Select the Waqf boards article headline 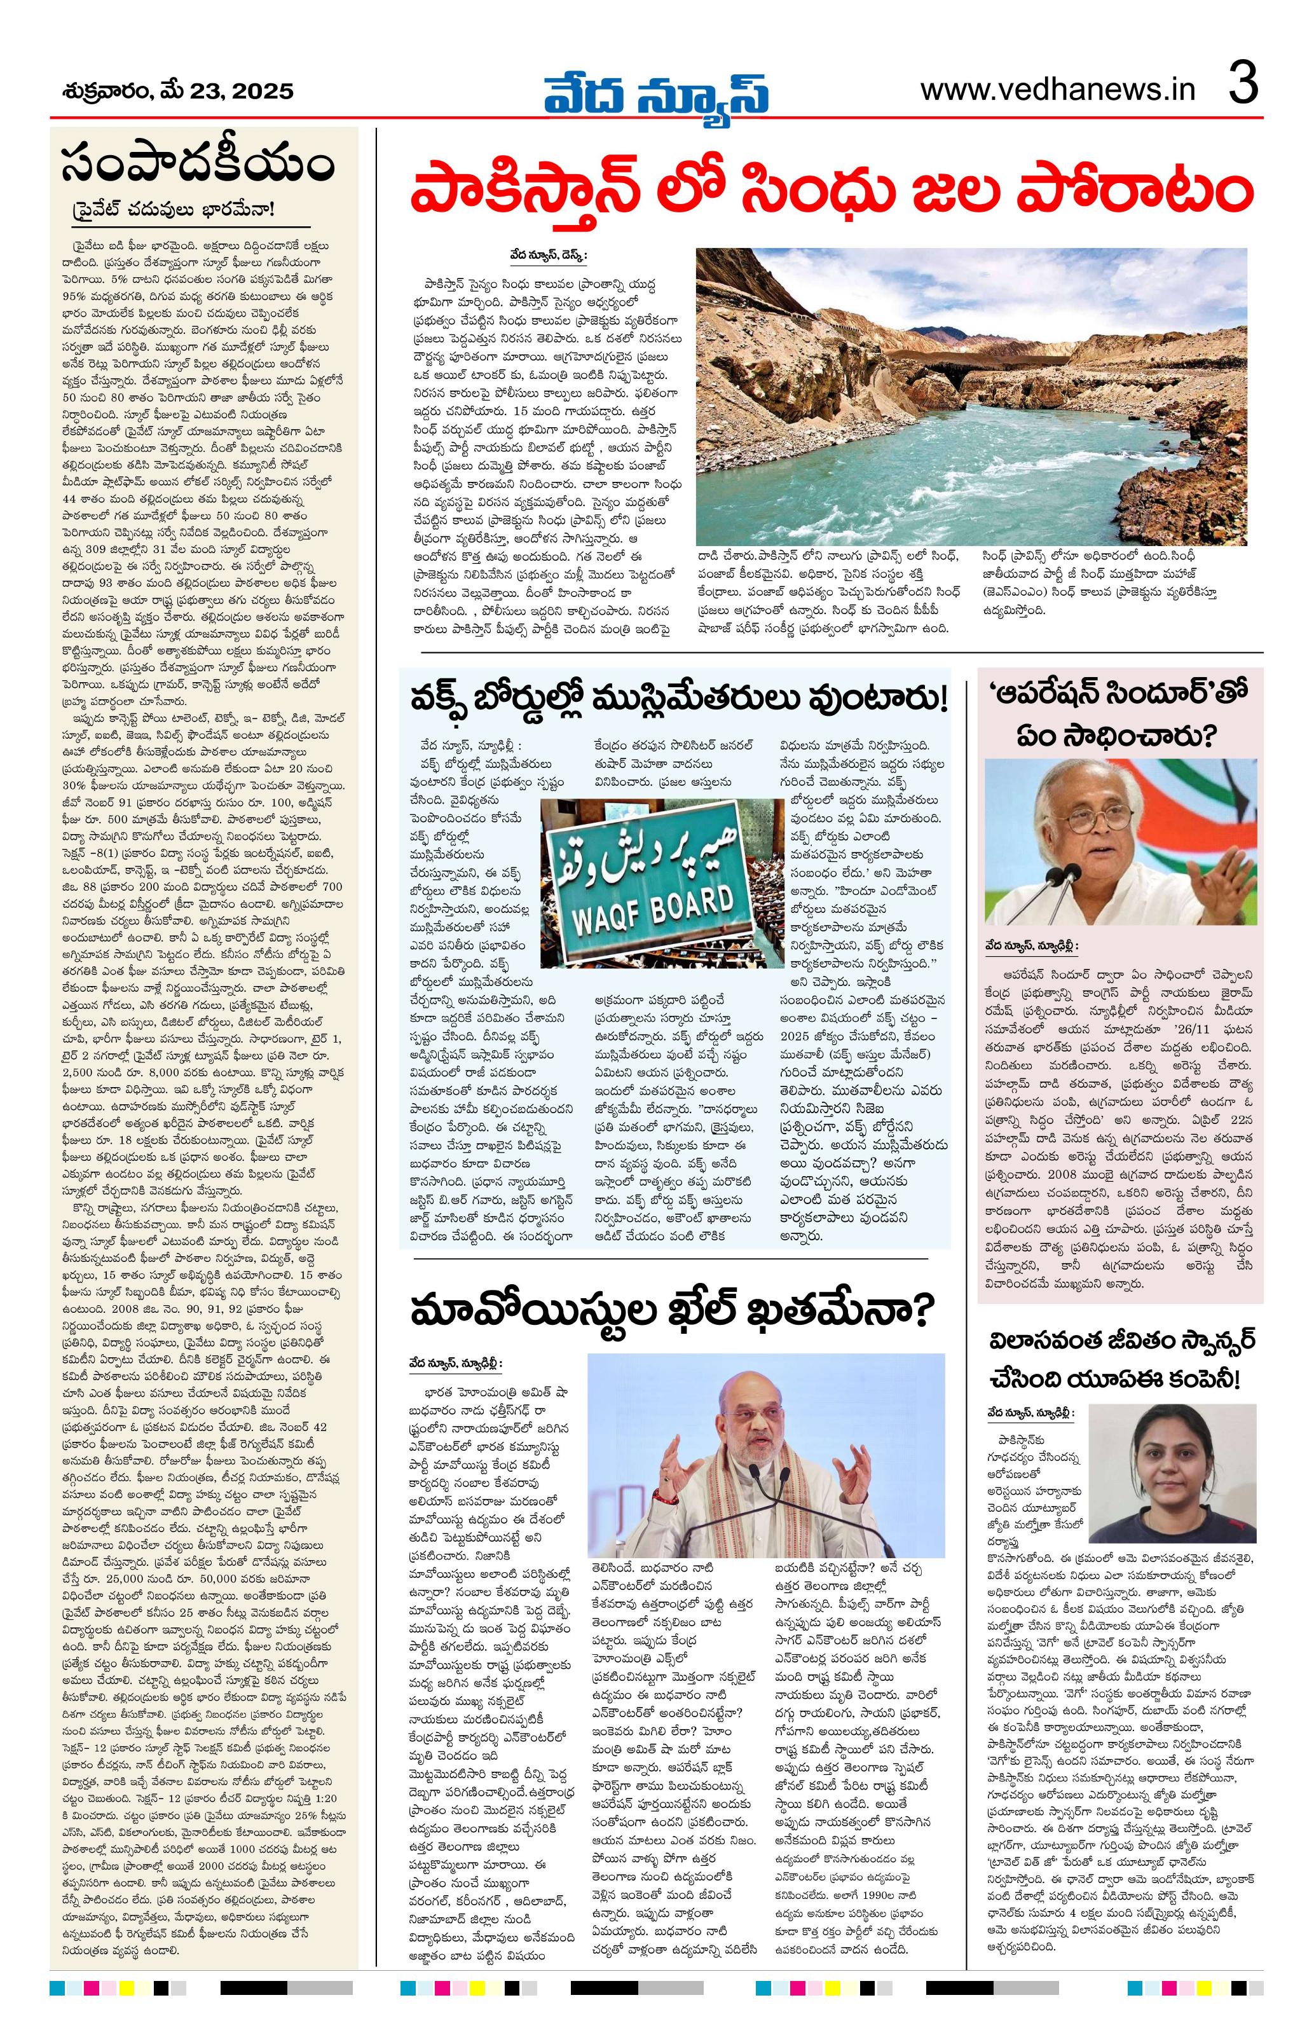coord(673,702)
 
